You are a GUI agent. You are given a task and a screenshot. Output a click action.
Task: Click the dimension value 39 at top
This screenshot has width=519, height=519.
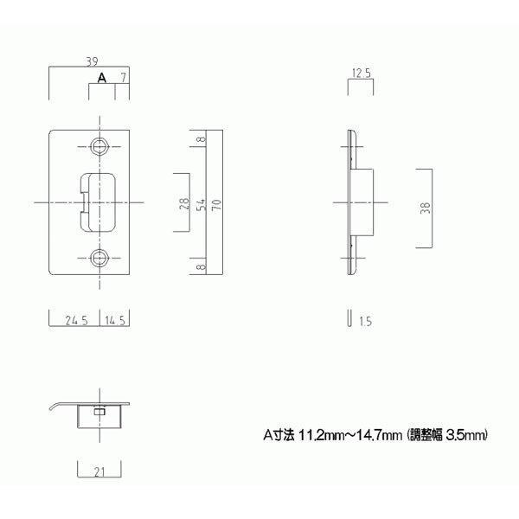[x=91, y=61]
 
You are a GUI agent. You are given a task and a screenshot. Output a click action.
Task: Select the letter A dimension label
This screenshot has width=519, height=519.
[x=101, y=78]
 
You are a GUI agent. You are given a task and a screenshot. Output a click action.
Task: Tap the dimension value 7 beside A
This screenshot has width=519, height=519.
[x=124, y=78]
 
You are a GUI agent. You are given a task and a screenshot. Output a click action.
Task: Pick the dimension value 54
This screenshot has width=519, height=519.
[x=201, y=203]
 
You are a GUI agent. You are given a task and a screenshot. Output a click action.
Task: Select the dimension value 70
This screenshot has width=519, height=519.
[x=216, y=203]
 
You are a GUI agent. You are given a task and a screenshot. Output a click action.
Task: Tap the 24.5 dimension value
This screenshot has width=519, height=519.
[x=78, y=319]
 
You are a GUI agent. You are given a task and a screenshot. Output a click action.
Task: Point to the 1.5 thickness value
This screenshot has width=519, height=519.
[x=363, y=321]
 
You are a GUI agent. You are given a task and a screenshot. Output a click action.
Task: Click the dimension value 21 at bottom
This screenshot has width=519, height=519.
[x=99, y=471]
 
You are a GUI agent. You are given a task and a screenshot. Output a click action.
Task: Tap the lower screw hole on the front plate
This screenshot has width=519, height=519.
[x=101, y=257]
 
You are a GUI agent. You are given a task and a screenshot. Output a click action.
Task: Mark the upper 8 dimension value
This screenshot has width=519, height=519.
[x=201, y=140]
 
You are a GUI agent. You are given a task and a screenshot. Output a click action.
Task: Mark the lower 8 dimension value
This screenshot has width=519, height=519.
[x=201, y=267]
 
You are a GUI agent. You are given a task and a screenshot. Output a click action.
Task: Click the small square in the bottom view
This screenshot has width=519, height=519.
[x=99, y=413]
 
